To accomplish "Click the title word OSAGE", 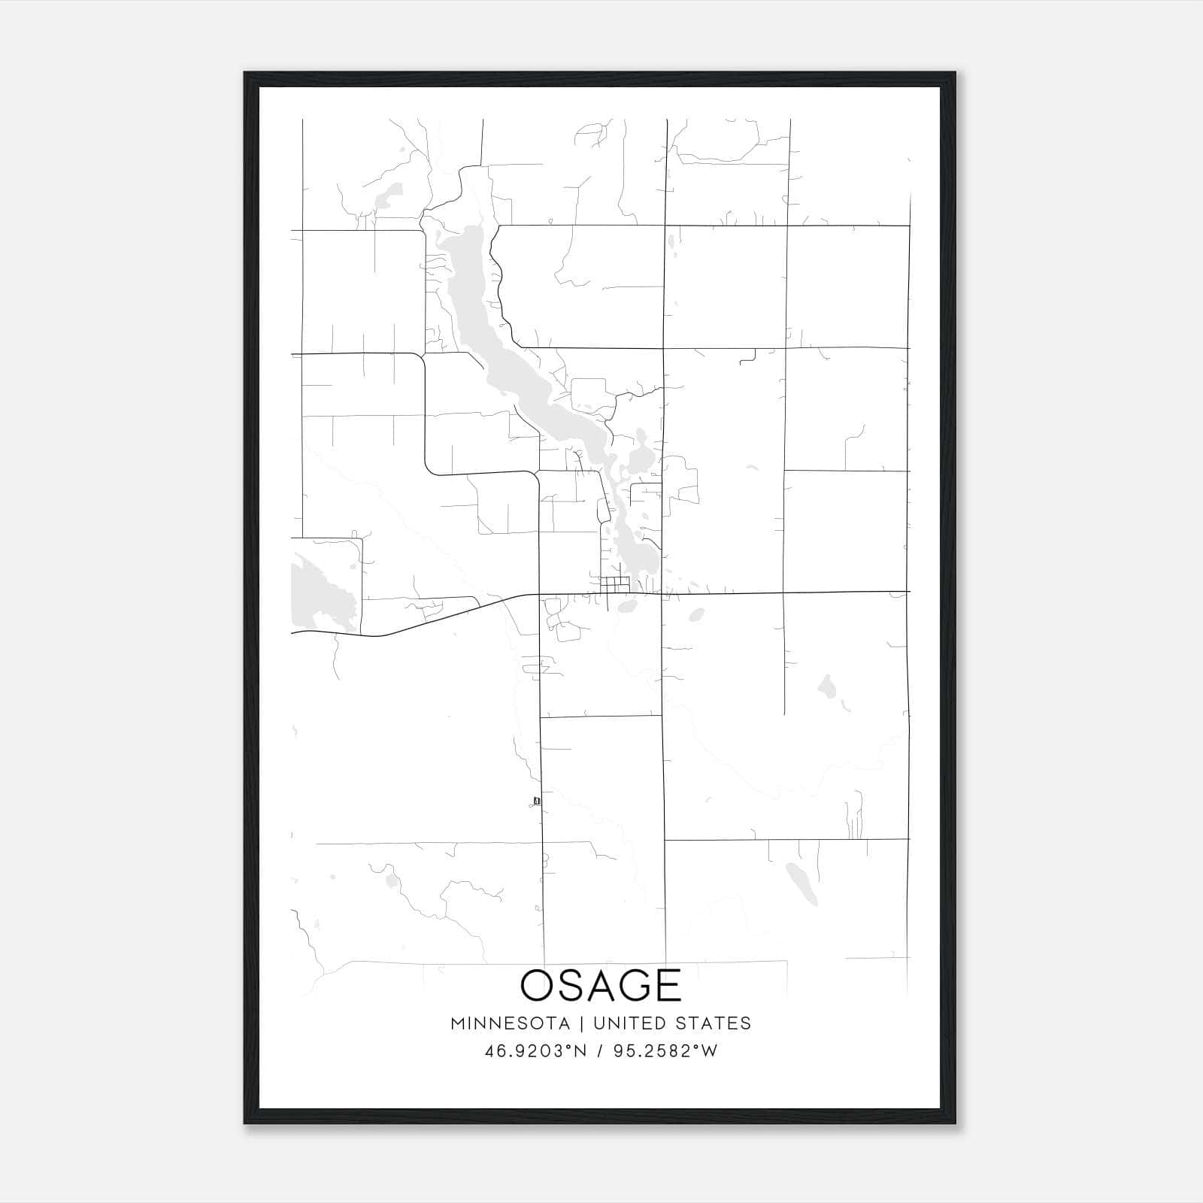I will click(601, 986).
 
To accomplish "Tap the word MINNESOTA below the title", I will click(515, 1023).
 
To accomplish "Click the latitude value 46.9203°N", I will click(535, 1051).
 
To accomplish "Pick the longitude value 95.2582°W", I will click(665, 1051).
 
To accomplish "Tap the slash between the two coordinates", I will click(599, 1051).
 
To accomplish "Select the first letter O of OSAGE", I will click(538, 986).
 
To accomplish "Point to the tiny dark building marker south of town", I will click(536, 800).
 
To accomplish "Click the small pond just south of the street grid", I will click(626, 606).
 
